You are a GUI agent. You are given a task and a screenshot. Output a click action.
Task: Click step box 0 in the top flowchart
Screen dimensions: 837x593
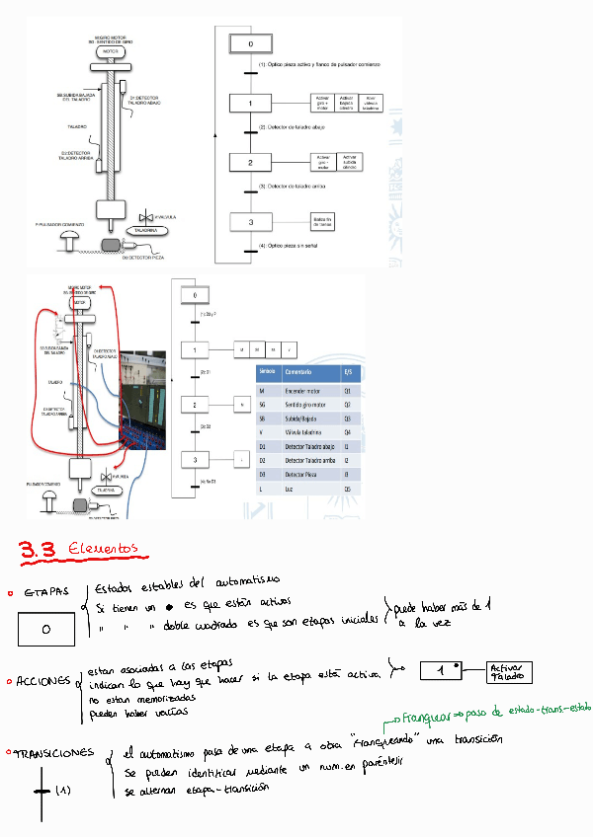[x=251, y=45]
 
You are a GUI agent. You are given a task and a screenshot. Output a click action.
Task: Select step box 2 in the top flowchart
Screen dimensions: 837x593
[x=251, y=162]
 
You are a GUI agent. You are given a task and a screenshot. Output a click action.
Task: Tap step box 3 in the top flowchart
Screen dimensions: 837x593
[x=251, y=222]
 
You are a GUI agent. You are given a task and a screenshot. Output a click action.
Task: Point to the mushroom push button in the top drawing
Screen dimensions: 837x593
[x=70, y=236]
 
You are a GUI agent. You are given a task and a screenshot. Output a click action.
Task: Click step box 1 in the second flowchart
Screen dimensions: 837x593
[x=196, y=350]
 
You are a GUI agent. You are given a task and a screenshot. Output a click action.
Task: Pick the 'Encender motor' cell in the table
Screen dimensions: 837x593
[x=304, y=392]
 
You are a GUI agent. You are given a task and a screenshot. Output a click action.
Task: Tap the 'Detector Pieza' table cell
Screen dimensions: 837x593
[x=304, y=474]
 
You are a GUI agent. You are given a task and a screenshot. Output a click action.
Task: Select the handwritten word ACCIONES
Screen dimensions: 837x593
[x=43, y=682]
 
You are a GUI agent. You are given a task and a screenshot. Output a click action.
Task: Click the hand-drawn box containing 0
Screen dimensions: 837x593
[x=46, y=629]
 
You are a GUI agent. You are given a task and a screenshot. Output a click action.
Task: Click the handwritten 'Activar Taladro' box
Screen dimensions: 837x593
[x=508, y=673]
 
